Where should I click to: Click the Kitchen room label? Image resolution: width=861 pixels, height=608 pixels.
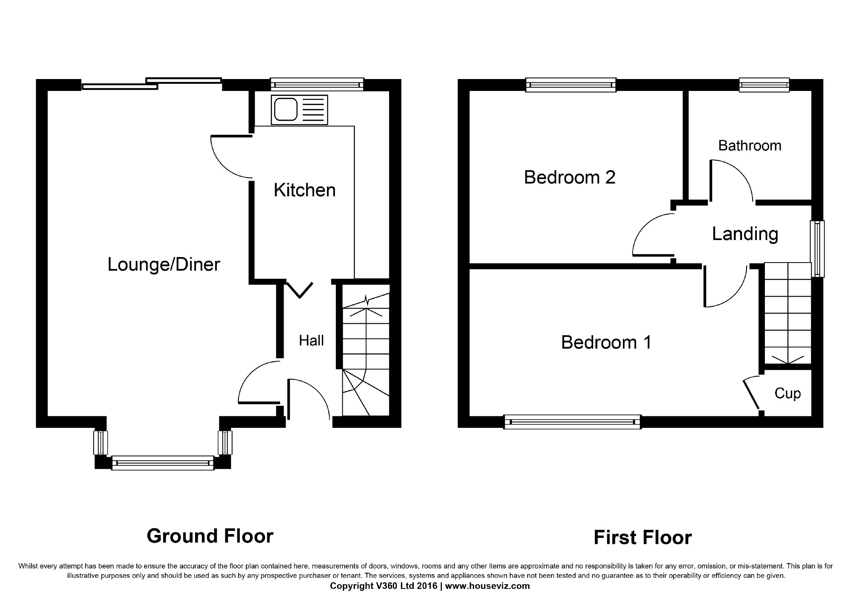click(304, 190)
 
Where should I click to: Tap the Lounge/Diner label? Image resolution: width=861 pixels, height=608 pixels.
click(164, 265)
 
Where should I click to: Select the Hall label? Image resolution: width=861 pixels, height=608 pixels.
click(311, 340)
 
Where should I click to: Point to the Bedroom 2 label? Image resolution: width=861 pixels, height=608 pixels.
click(570, 177)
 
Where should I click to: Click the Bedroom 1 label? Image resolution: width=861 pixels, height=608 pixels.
click(606, 342)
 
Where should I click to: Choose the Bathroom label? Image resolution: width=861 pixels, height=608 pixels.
click(750, 146)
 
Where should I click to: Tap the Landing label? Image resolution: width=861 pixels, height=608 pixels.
click(745, 234)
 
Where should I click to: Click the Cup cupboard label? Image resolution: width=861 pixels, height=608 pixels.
click(787, 393)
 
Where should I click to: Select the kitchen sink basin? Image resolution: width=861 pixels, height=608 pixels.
click(285, 110)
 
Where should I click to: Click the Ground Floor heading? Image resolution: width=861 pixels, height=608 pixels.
click(210, 536)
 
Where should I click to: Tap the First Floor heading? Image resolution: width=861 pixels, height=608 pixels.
click(642, 537)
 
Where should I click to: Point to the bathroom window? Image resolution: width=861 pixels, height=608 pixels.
click(764, 85)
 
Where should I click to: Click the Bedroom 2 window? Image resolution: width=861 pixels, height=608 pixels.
click(571, 85)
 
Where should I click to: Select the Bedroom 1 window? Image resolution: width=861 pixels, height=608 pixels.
click(572, 422)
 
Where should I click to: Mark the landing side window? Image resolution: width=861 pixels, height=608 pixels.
click(817, 249)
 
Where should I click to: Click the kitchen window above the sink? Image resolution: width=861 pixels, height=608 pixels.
click(317, 85)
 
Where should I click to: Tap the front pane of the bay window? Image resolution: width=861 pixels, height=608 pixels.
click(163, 463)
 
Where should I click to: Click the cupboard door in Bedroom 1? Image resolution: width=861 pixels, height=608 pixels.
click(751, 393)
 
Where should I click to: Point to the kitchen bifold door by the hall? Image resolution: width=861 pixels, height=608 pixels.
click(300, 289)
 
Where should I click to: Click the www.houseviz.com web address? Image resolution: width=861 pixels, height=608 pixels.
click(488, 586)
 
